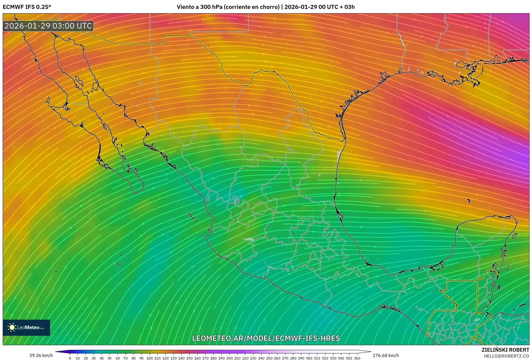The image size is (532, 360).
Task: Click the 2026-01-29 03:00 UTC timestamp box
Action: (x=48, y=26)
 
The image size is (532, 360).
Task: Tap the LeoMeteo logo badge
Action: (x=26, y=327)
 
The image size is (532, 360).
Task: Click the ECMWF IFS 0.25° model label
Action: (x=27, y=7)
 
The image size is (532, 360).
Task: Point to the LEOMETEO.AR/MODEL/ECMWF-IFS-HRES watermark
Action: (x=266, y=338)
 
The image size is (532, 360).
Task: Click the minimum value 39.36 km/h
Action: (x=41, y=355)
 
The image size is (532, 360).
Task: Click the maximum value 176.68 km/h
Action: (x=386, y=355)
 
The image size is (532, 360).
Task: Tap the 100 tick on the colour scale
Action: (x=150, y=358)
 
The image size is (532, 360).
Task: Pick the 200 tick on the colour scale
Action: (x=229, y=358)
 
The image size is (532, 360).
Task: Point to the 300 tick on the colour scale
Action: (x=309, y=358)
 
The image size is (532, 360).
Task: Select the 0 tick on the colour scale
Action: (x=70, y=358)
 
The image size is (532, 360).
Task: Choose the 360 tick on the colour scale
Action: (x=357, y=358)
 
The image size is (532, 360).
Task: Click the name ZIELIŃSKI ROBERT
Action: (x=505, y=350)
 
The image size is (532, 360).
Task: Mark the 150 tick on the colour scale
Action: (x=189, y=358)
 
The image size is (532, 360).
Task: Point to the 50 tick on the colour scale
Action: (x=110, y=358)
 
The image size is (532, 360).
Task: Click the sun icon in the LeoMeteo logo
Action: (x=12, y=327)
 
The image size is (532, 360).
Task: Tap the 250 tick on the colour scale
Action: (x=269, y=358)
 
